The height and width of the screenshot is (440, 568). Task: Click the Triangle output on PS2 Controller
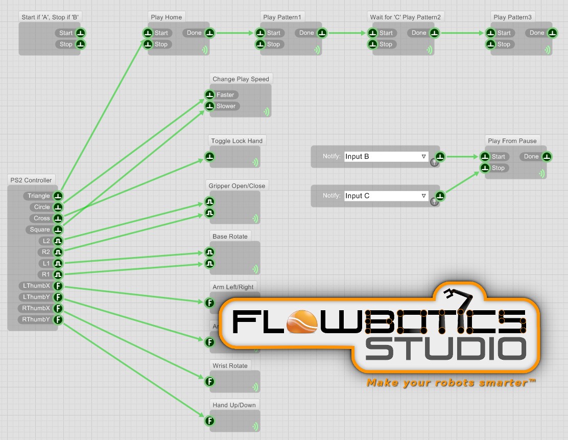[x=58, y=196]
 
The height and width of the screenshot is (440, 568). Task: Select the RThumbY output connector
[x=58, y=320]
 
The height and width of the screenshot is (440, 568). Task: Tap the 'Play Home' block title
[x=167, y=17]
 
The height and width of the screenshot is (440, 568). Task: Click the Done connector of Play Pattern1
[x=322, y=33]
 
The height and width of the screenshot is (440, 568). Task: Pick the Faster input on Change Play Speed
[x=210, y=95]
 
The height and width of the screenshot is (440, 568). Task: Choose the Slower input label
[x=226, y=106]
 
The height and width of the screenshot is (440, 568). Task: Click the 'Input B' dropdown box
[x=386, y=156]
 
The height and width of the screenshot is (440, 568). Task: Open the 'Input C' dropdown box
[x=386, y=196]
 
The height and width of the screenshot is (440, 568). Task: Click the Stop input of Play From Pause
[x=485, y=168]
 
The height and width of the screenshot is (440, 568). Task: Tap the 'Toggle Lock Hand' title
[x=237, y=141]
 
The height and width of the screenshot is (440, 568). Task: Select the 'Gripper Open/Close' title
[x=237, y=186]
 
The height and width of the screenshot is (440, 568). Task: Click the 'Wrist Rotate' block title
[x=230, y=366]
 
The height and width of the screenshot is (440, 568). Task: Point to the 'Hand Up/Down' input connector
[x=209, y=421]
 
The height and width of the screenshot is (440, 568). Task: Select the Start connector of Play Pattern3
[x=491, y=33]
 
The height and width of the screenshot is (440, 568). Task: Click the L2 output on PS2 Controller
[x=58, y=241]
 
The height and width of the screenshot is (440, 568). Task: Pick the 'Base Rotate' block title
[x=230, y=237]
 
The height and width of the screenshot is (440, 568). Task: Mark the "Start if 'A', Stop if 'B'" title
[x=51, y=17]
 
